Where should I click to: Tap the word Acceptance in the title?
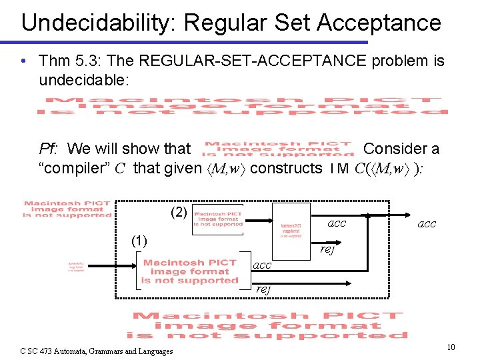click(379, 23)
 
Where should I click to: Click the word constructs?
click(286, 168)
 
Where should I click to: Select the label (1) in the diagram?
click(139, 240)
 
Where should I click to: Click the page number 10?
click(451, 347)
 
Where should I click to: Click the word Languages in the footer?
click(152, 351)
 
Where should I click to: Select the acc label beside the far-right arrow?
click(427, 224)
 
